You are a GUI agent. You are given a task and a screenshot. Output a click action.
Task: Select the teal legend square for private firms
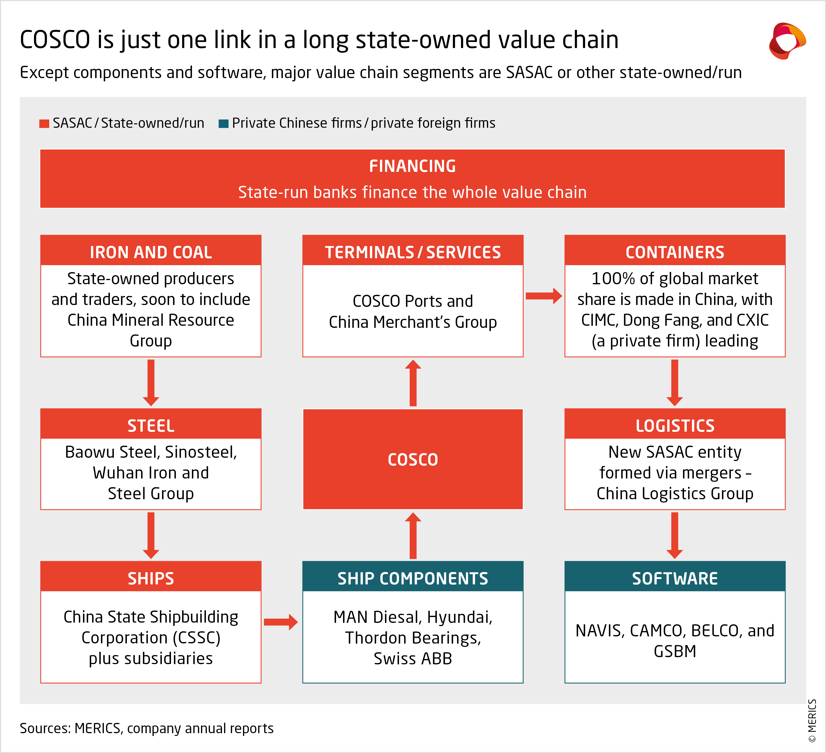[x=223, y=123]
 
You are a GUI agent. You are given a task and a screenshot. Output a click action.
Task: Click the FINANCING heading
[x=412, y=166]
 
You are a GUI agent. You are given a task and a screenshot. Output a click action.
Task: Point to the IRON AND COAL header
[x=151, y=252]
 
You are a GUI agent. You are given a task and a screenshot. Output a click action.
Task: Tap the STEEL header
[x=151, y=426]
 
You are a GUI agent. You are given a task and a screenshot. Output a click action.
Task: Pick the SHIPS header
[x=151, y=578]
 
